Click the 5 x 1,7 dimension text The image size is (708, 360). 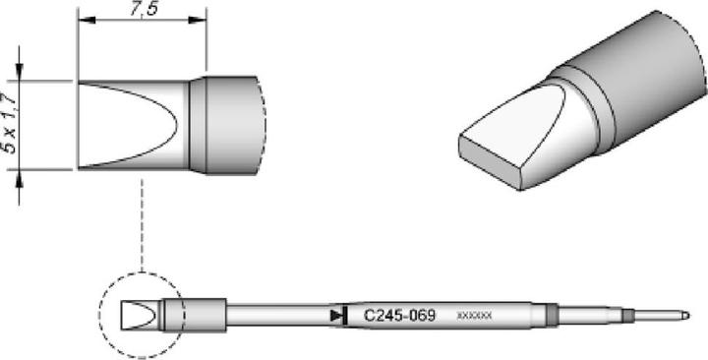coord(10,126)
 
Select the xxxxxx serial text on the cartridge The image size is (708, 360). coord(475,317)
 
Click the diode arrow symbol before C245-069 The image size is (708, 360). coord(339,316)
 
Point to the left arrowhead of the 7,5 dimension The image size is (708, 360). coord(84,21)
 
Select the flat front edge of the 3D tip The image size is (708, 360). coord(490,162)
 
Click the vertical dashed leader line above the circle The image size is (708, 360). coord(143,226)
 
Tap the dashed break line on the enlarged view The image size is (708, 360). coord(263,124)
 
